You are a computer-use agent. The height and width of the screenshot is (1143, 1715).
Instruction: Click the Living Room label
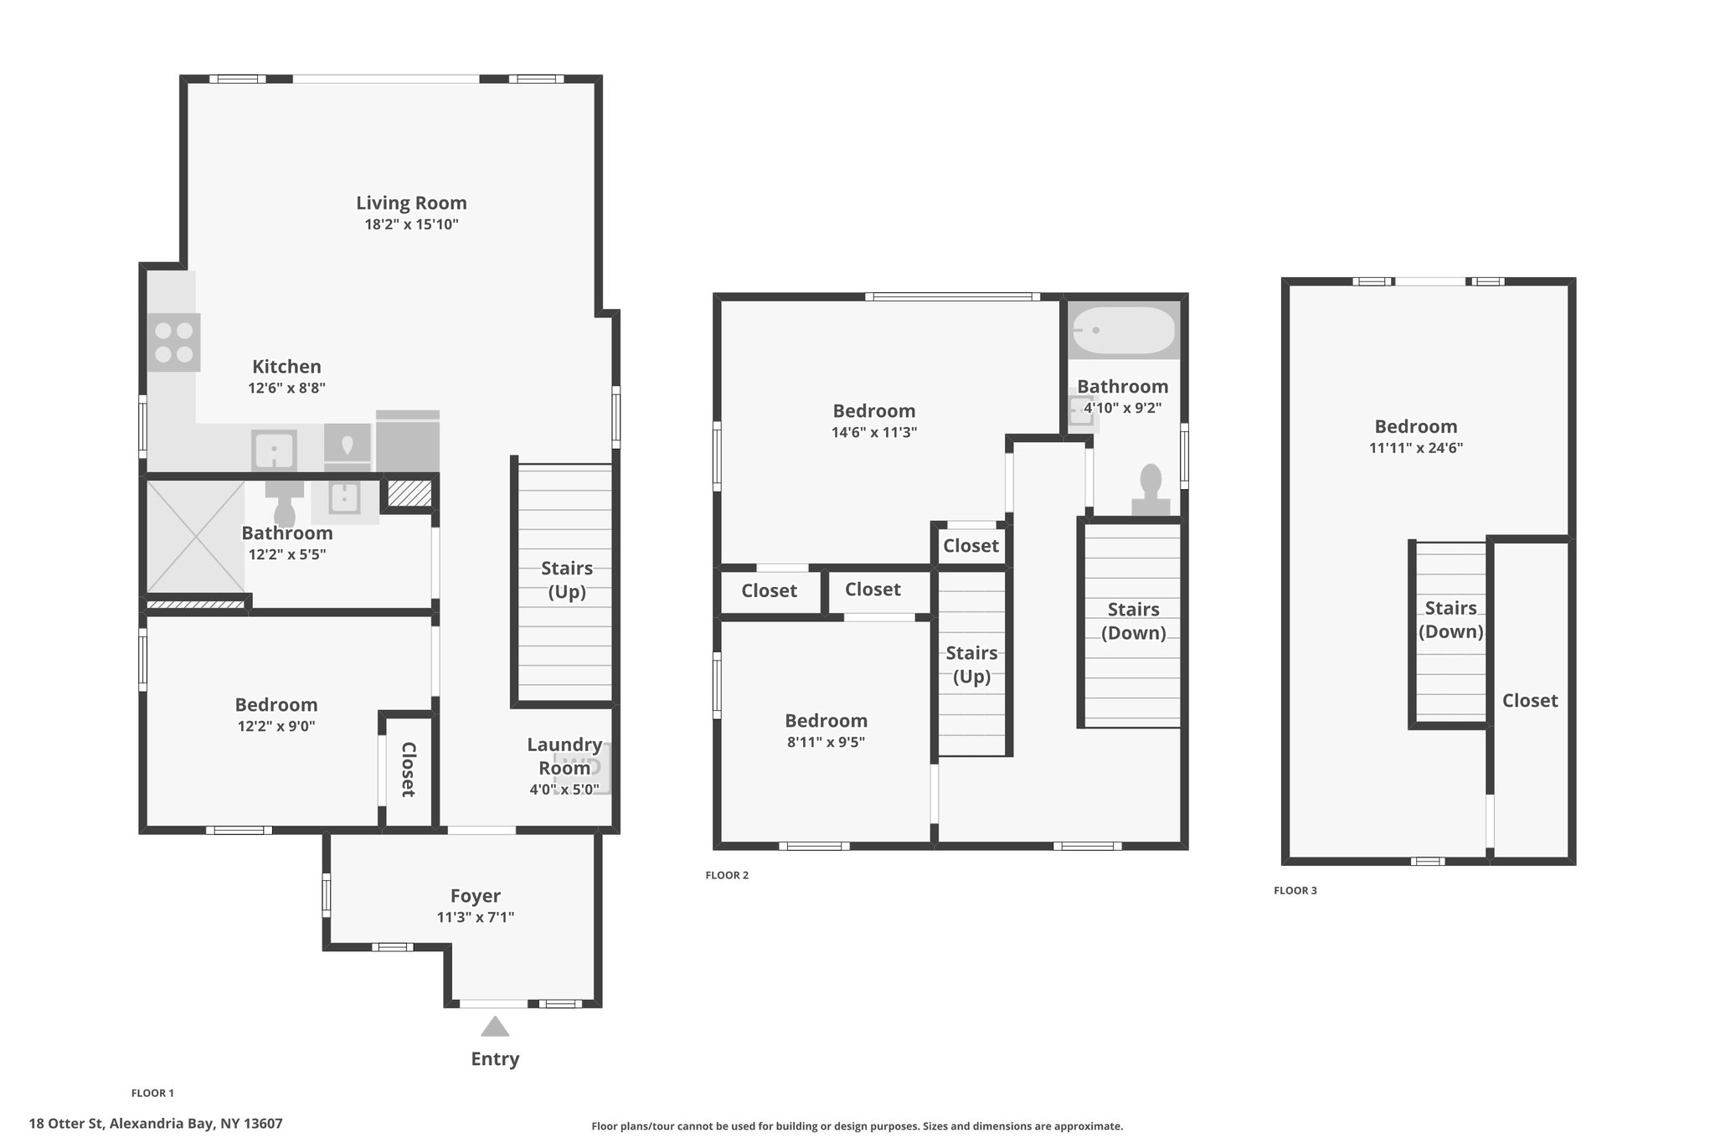[x=411, y=203]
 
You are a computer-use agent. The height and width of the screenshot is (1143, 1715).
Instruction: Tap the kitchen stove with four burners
[x=174, y=342]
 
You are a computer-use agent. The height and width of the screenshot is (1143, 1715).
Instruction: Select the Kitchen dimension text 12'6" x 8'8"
[x=286, y=388]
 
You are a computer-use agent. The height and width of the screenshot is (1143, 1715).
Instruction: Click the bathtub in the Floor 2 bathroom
[x=1124, y=331]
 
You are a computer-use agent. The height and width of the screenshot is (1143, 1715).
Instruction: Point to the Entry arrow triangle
[x=495, y=1026]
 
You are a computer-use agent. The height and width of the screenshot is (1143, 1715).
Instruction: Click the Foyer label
[x=476, y=896]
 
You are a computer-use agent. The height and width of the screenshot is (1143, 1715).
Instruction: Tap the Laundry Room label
[x=564, y=756]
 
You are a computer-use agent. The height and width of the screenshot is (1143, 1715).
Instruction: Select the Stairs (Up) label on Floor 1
[x=567, y=580]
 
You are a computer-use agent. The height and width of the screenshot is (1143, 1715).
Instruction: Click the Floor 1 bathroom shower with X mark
[x=196, y=536]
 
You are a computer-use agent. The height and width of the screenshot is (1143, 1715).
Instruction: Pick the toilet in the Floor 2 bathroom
[x=1151, y=490]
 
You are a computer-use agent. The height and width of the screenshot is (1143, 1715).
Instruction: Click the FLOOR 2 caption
[x=727, y=875]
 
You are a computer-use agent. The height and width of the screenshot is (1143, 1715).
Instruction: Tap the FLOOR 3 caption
[x=1295, y=890]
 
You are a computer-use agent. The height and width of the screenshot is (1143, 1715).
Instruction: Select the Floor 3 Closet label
[x=1530, y=700]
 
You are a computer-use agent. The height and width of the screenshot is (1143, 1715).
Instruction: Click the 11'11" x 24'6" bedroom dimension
[x=1416, y=448]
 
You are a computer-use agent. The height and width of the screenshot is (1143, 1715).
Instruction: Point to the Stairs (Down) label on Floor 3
[x=1451, y=620]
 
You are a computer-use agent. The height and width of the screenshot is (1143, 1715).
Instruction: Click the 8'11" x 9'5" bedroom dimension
[x=826, y=742]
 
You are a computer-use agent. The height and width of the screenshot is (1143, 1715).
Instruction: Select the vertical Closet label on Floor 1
[x=408, y=770]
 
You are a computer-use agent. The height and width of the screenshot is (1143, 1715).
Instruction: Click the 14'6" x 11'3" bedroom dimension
[x=874, y=432]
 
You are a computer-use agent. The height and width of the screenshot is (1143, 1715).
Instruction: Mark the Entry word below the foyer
[x=495, y=1058]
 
